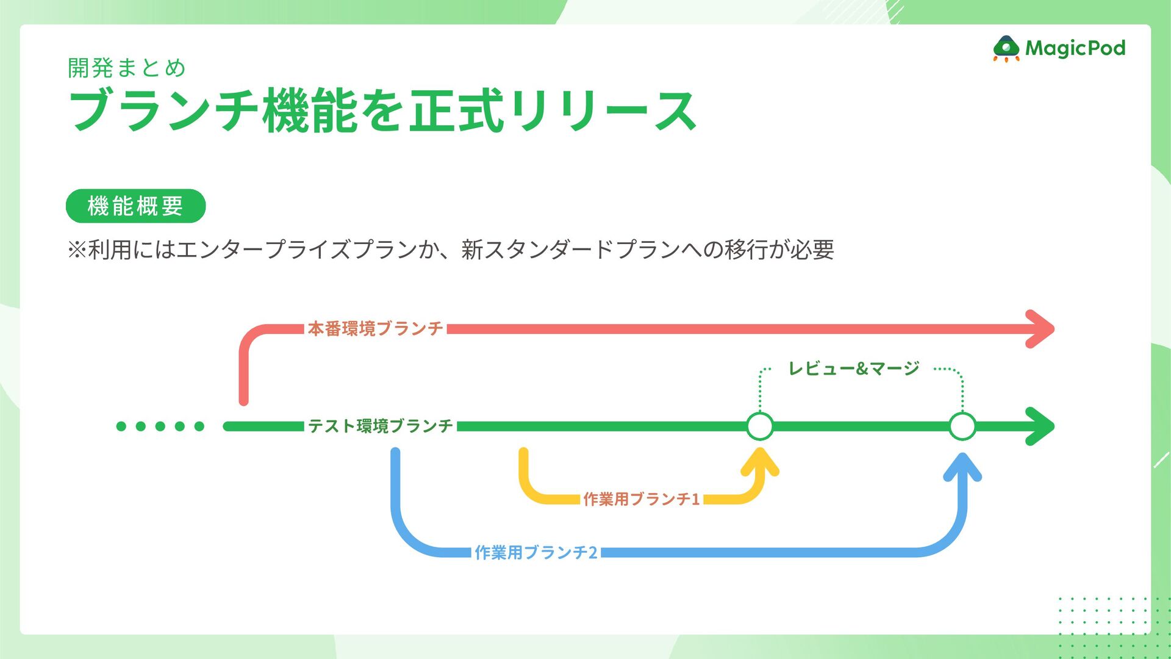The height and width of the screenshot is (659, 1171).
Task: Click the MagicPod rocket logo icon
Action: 1006,48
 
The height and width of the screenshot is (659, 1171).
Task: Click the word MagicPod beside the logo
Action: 1075,48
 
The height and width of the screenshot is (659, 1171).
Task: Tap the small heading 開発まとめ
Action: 127,68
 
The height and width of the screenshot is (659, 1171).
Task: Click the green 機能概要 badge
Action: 135,206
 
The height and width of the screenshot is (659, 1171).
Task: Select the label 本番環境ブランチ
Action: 375,329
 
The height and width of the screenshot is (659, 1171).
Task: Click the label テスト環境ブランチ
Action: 380,426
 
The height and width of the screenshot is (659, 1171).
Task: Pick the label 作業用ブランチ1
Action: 641,499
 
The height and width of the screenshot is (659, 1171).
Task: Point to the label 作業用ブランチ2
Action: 535,552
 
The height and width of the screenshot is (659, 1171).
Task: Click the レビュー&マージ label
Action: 853,369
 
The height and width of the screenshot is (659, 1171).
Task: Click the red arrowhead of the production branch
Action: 1040,329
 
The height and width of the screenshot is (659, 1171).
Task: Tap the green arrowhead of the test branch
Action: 1040,426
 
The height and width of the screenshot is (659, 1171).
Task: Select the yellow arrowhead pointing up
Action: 760,462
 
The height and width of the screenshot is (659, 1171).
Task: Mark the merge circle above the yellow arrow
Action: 760,426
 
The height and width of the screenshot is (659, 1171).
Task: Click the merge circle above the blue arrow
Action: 962,426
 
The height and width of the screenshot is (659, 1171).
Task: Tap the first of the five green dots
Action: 121,426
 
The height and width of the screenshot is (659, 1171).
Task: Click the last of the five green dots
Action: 199,426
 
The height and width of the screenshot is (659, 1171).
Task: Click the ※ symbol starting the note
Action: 77,250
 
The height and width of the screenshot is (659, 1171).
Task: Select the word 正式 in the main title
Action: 456,110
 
